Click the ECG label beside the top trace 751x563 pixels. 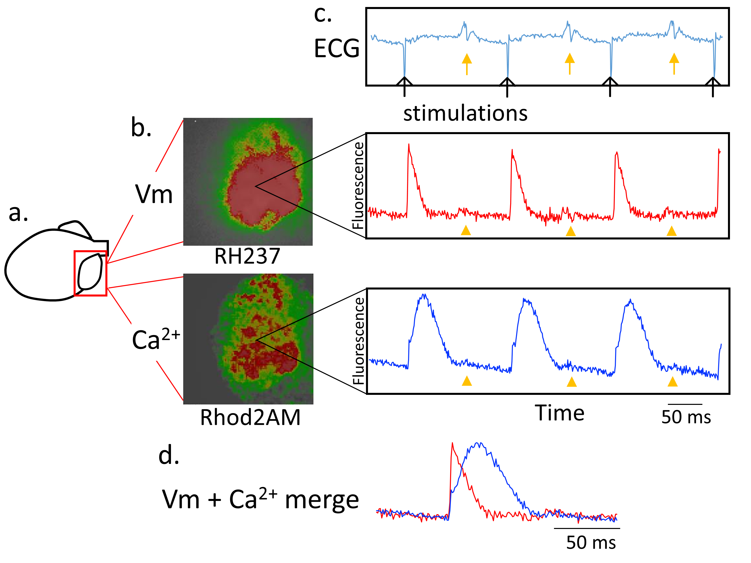(x=336, y=48)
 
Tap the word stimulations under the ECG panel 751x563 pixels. (x=465, y=113)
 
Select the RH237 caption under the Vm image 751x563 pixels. (x=247, y=256)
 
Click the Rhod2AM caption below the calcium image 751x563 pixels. (x=250, y=417)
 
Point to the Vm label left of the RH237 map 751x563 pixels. (x=154, y=194)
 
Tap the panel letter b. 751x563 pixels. (x=141, y=128)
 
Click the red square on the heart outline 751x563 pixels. (x=91, y=273)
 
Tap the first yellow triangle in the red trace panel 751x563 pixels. (x=466, y=230)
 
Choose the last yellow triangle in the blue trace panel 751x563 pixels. (x=673, y=382)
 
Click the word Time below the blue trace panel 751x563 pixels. (x=559, y=413)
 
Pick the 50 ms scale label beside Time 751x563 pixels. (x=686, y=417)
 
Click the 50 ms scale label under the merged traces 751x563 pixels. (x=591, y=542)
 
